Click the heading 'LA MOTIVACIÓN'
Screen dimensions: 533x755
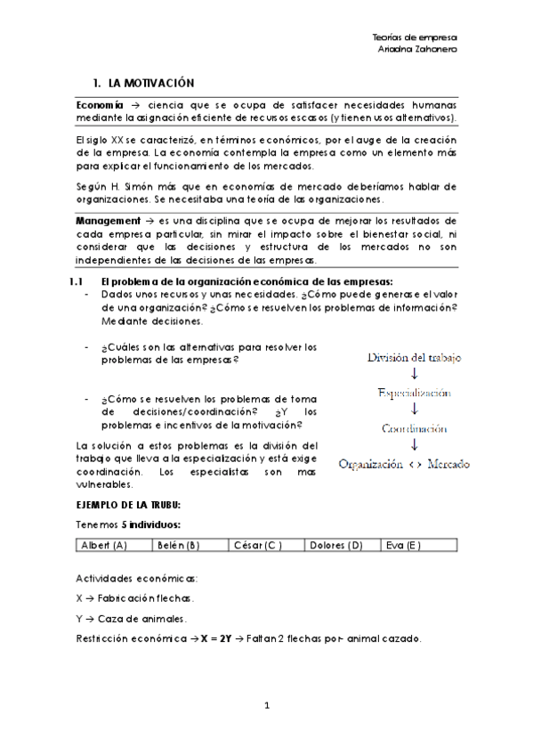[x=149, y=82]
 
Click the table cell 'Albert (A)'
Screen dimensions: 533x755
[x=104, y=545]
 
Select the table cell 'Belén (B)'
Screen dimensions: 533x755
[x=177, y=545]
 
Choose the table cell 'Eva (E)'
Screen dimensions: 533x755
[x=402, y=545]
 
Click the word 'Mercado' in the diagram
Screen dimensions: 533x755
[x=448, y=464]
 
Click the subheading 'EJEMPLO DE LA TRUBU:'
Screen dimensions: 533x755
[x=129, y=505]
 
